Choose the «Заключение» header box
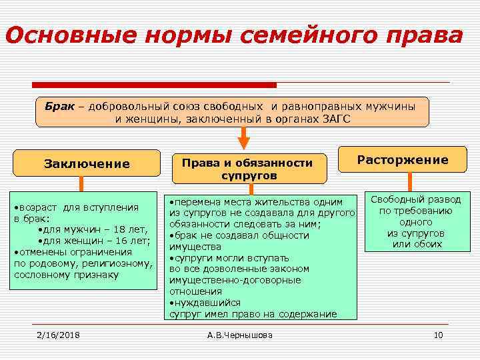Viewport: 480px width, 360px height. coord(87,163)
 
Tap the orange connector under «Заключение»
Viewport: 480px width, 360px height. coord(81,184)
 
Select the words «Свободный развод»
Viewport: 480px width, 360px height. coord(415,199)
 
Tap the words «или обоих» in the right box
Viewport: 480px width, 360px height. coord(417,244)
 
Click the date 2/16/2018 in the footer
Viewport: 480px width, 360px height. coord(58,335)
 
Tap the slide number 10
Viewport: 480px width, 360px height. coord(438,335)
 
